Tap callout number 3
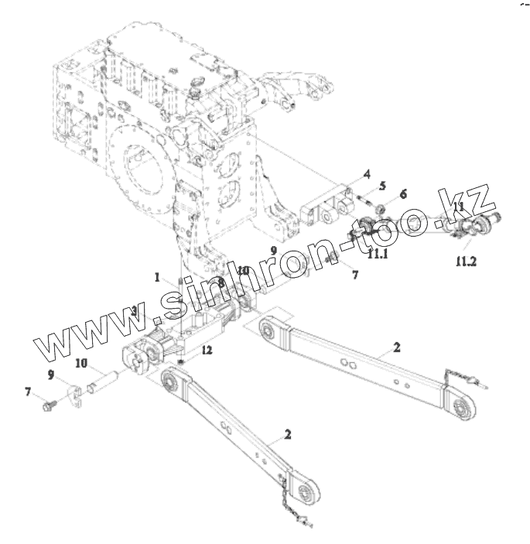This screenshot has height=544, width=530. click(x=134, y=311)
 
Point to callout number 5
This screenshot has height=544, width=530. click(x=382, y=186)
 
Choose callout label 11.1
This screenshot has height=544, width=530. click(x=378, y=254)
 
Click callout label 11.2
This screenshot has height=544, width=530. click(x=466, y=262)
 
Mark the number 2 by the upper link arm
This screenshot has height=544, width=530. click(x=396, y=348)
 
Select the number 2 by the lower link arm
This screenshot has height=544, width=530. click(x=288, y=435)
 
